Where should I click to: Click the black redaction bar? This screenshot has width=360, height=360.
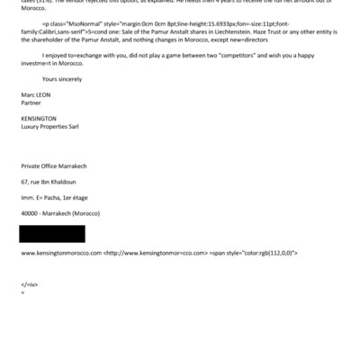[x=52, y=234]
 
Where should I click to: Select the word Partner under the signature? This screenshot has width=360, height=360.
[x=31, y=103]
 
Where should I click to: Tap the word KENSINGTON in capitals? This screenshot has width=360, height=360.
[x=39, y=119]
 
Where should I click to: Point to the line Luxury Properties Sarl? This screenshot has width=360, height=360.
[x=53, y=127]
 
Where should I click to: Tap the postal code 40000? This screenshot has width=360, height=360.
[x=31, y=212]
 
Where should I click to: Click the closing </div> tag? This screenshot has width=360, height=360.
[x=29, y=284]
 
